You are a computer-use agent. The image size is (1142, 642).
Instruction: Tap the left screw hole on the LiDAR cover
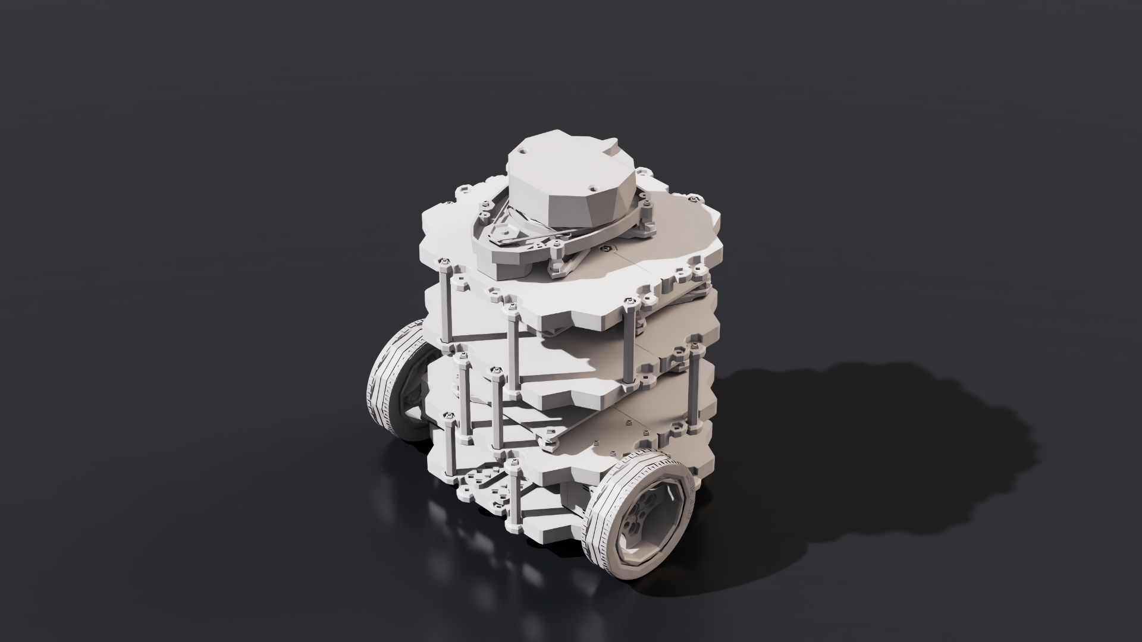coord(522,152)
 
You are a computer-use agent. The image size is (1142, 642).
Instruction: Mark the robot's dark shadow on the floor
coord(892,452)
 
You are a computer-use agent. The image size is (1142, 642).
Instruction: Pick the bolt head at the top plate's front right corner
coord(630,304)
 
